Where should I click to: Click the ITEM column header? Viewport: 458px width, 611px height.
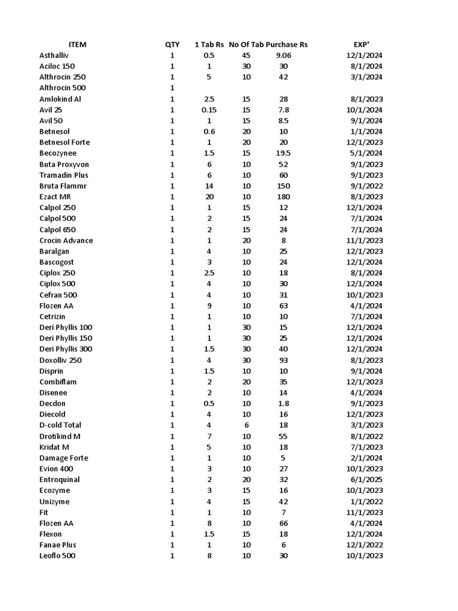(78, 45)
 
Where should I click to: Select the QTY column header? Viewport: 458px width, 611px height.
(172, 45)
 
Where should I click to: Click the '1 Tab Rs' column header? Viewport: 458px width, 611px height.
(209, 45)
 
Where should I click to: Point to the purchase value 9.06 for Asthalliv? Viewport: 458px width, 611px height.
(283, 55)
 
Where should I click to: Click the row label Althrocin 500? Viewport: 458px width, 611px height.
(63, 88)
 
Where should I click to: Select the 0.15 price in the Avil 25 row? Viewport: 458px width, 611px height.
(209, 110)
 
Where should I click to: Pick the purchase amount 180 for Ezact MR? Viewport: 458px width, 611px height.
(283, 197)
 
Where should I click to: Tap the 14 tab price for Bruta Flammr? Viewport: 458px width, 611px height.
(209, 186)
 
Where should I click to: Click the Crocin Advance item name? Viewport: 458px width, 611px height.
(66, 240)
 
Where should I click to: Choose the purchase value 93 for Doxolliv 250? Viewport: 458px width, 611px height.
(283, 360)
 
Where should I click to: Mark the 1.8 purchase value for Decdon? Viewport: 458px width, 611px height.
(283, 404)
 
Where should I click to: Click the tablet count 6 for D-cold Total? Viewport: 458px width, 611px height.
(246, 425)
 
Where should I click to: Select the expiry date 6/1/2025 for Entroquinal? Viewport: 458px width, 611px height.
(367, 480)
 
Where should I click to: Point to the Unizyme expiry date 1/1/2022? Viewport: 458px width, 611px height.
(367, 502)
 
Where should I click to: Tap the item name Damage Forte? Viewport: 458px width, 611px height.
(64, 458)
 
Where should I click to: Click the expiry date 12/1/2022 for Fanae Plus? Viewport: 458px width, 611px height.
(365, 545)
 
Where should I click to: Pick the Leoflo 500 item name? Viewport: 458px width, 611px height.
(57, 556)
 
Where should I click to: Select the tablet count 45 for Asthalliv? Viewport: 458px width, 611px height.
(246, 55)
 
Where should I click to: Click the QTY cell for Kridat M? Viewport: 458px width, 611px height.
(172, 448)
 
